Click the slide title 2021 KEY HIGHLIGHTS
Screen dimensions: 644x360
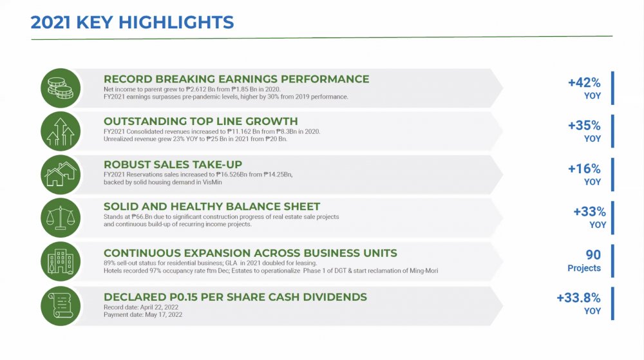click(132, 22)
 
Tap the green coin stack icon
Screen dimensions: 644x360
click(61, 88)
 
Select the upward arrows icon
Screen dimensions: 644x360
click(61, 131)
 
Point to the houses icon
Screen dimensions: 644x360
click(61, 175)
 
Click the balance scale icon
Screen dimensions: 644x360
click(61, 218)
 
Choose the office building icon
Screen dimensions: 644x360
click(61, 261)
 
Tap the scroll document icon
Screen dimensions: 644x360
click(61, 306)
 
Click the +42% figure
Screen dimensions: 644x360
click(584, 82)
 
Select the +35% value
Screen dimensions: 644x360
click(584, 125)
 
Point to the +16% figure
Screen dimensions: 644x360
click(584, 168)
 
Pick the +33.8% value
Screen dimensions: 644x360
click(578, 298)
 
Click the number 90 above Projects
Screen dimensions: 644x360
click(593, 254)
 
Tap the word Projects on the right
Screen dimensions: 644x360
click(584, 268)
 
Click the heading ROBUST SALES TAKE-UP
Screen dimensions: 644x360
click(173, 165)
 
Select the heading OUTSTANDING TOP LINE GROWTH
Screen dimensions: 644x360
click(201, 122)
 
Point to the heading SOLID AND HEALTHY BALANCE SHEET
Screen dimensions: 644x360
click(212, 207)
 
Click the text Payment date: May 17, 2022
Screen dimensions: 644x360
click(143, 315)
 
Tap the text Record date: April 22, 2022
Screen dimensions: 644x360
click(141, 307)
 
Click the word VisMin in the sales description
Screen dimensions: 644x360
click(212, 182)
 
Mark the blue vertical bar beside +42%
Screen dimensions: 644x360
click(612, 88)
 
